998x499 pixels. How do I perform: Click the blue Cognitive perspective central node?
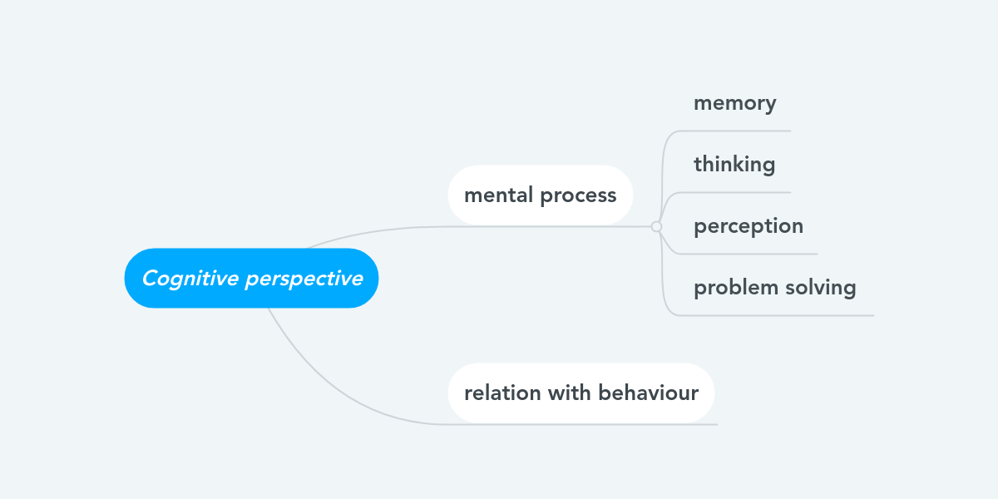click(x=251, y=278)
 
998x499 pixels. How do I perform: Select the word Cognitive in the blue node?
click(x=190, y=279)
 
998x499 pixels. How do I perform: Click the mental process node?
click(x=541, y=195)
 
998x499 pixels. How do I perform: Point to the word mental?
click(x=498, y=195)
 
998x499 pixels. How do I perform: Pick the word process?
click(x=578, y=196)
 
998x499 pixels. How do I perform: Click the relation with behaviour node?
click(x=581, y=393)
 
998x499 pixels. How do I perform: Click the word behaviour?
click(x=648, y=393)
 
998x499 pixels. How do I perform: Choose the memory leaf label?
click(x=735, y=104)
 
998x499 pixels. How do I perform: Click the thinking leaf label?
click(x=734, y=165)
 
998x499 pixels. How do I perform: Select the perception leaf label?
click(x=748, y=227)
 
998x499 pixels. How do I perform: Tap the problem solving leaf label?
click(x=775, y=288)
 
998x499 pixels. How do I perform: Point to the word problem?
click(x=736, y=288)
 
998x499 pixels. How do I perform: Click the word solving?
click(x=821, y=288)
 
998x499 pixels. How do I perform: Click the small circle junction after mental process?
click(x=656, y=227)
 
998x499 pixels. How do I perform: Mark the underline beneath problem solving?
click(x=776, y=315)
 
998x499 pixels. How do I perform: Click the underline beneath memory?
click(x=734, y=131)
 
